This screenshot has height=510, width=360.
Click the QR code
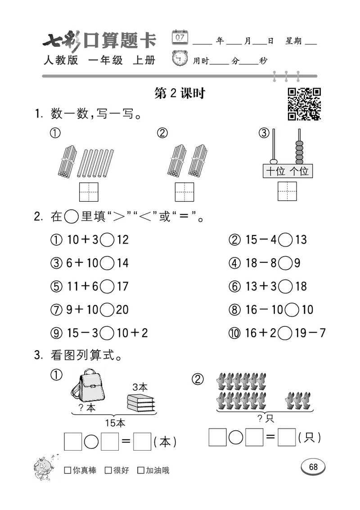click(305, 104)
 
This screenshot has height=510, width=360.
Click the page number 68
click(313, 467)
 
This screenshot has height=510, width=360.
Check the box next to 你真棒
click(67, 470)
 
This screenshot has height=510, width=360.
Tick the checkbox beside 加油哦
click(141, 470)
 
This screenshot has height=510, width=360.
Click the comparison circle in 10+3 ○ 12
click(107, 239)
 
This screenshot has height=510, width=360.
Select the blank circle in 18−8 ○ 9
click(285, 263)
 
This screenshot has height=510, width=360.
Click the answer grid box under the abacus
click(287, 191)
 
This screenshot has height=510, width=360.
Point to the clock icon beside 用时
click(180, 59)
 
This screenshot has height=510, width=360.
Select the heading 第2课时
click(180, 93)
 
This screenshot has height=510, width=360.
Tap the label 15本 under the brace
click(115, 423)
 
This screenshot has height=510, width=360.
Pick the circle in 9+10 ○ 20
click(107, 310)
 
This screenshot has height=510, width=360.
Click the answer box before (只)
click(287, 438)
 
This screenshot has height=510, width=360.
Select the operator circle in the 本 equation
click(91, 442)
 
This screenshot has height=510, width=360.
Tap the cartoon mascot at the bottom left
click(46, 467)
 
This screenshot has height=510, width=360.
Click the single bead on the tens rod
click(273, 161)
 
